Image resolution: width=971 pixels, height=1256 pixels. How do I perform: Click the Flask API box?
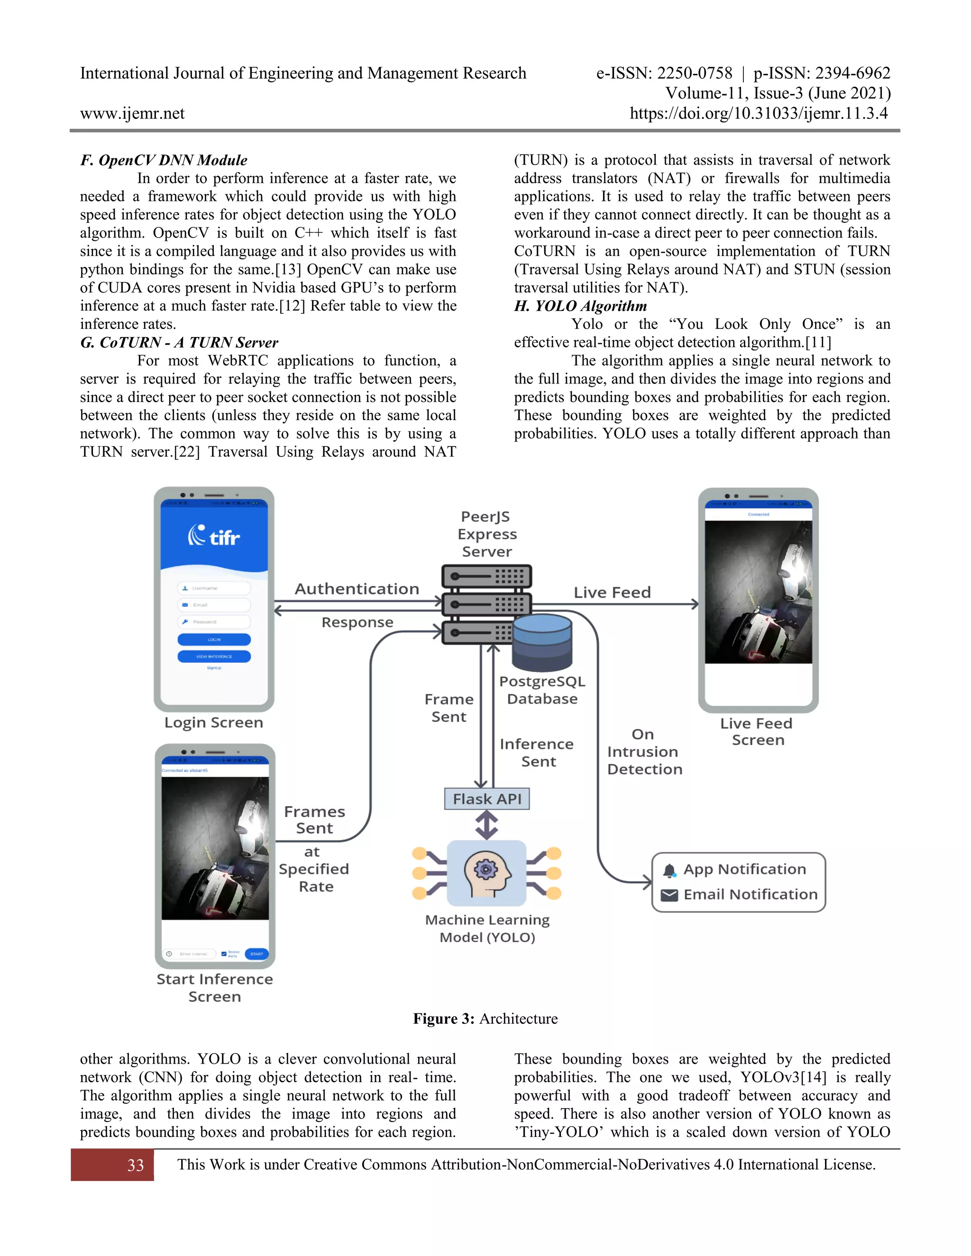click(486, 799)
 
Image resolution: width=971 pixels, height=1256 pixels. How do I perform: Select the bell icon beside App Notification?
click(669, 871)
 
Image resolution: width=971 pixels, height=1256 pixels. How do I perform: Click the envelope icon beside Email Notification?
click(669, 895)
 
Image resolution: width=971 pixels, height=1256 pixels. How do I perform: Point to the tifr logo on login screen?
click(213, 537)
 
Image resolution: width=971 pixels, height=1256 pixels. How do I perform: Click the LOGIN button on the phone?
click(214, 639)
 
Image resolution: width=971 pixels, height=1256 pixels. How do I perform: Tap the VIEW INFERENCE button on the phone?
click(214, 656)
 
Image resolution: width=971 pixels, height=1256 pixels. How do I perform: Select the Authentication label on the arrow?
click(357, 589)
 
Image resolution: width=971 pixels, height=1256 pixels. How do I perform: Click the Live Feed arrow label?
click(612, 592)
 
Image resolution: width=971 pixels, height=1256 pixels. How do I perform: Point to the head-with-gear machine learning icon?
click(486, 873)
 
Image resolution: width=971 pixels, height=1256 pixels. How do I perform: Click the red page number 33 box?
click(113, 1165)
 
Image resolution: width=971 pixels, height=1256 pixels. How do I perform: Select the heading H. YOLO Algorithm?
click(580, 306)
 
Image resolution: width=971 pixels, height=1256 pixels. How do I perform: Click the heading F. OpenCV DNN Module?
click(164, 160)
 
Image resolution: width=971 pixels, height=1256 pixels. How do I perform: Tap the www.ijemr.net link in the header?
click(132, 113)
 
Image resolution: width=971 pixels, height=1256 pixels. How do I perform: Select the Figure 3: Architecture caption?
click(485, 1019)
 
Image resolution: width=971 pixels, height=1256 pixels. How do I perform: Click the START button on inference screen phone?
click(256, 954)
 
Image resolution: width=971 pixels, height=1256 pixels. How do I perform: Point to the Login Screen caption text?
click(213, 722)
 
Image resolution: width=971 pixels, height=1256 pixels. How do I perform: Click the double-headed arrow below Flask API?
click(486, 825)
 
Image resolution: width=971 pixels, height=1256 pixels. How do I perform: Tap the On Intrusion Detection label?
click(644, 752)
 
